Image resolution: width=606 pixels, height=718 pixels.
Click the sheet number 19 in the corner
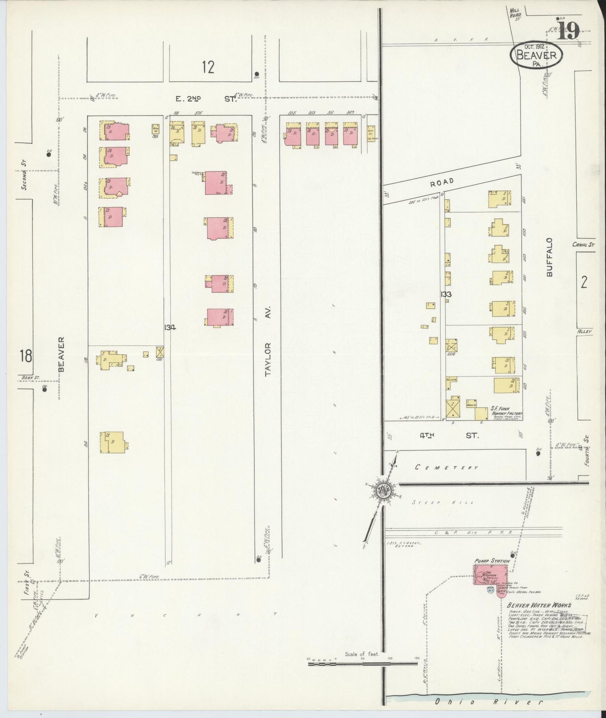(x=569, y=30)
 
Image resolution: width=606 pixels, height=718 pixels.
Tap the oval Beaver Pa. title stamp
(x=536, y=57)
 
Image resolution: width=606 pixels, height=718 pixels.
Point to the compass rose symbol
(x=383, y=490)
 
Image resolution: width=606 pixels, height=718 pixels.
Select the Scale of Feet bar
(x=363, y=663)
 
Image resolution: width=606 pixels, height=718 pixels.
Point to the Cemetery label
(x=446, y=467)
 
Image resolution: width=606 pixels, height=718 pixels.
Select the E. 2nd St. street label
(x=205, y=99)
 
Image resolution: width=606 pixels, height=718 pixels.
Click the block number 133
(x=446, y=294)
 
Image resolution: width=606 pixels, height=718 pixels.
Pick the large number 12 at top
(x=208, y=67)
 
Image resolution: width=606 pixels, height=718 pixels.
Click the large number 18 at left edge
(x=25, y=356)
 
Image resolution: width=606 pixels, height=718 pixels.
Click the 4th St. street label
(x=449, y=436)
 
